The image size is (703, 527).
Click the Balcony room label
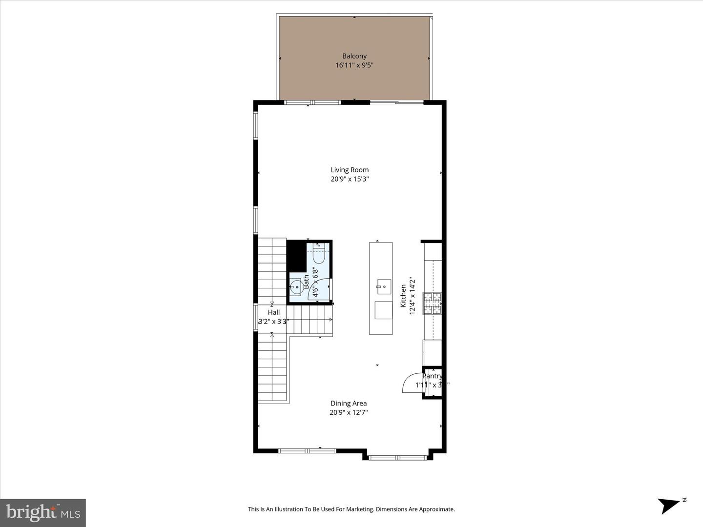click(354, 56)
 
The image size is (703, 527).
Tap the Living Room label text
click(350, 170)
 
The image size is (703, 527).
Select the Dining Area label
click(348, 403)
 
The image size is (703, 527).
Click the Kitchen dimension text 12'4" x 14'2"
click(412, 296)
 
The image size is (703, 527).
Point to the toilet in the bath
click(319, 254)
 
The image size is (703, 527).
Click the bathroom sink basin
click(295, 286)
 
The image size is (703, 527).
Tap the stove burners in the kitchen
click(432, 303)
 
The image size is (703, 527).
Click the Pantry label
click(432, 376)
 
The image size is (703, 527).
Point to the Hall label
click(273, 312)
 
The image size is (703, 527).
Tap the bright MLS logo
click(43, 512)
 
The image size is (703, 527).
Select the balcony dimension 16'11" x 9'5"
click(354, 65)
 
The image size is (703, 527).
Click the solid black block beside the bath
click(295, 256)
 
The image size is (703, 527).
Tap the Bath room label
click(306, 282)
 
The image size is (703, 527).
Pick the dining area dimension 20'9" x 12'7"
click(348, 412)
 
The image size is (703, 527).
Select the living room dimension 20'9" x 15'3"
click(350, 179)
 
